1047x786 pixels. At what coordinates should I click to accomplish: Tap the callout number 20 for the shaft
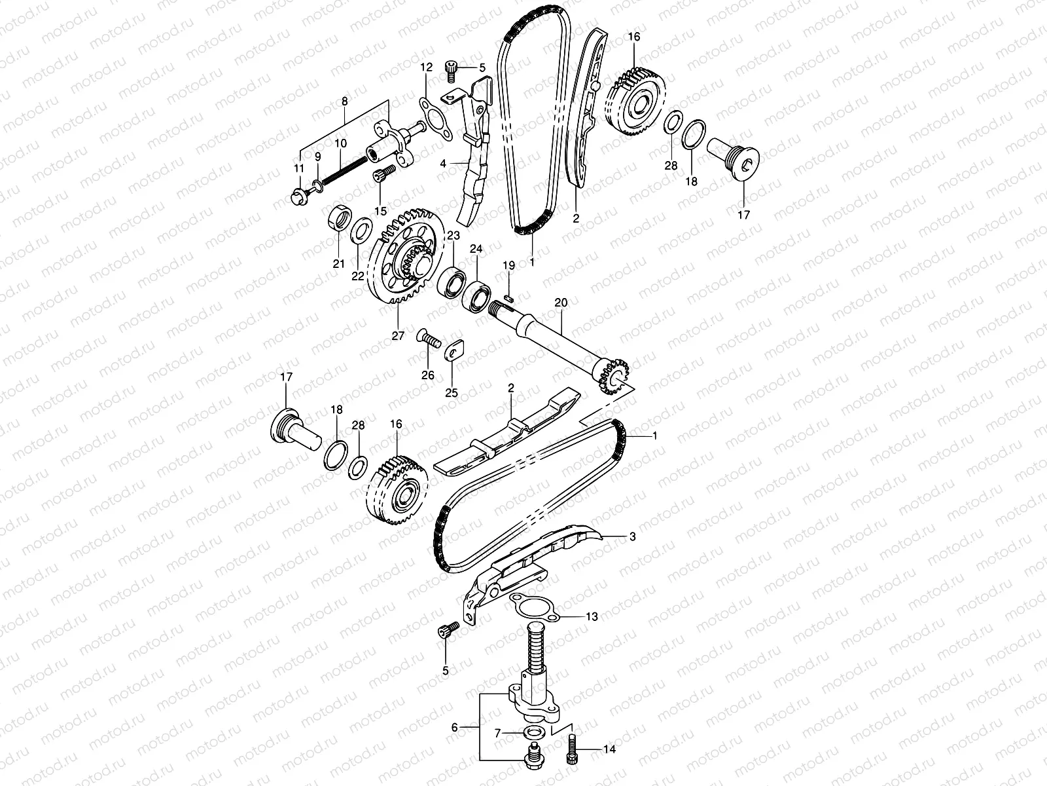coord(561,302)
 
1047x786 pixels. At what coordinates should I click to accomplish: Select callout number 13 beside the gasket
coord(592,616)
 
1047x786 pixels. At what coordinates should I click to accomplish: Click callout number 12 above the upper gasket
coord(426,67)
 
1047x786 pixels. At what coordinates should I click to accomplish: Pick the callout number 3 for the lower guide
coord(631,536)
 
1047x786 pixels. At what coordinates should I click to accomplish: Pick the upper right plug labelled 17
coord(743,157)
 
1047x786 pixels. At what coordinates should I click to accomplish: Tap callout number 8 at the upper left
coord(345,101)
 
